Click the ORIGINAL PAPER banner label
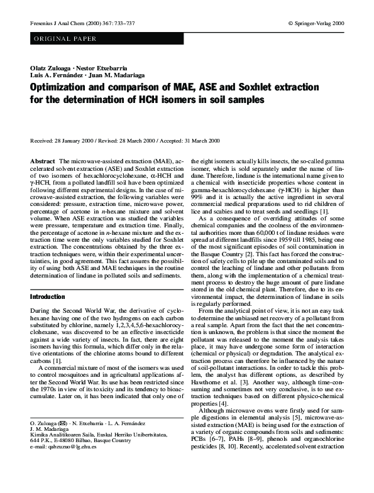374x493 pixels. click(x=62, y=39)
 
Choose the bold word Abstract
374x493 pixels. click(x=42, y=161)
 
